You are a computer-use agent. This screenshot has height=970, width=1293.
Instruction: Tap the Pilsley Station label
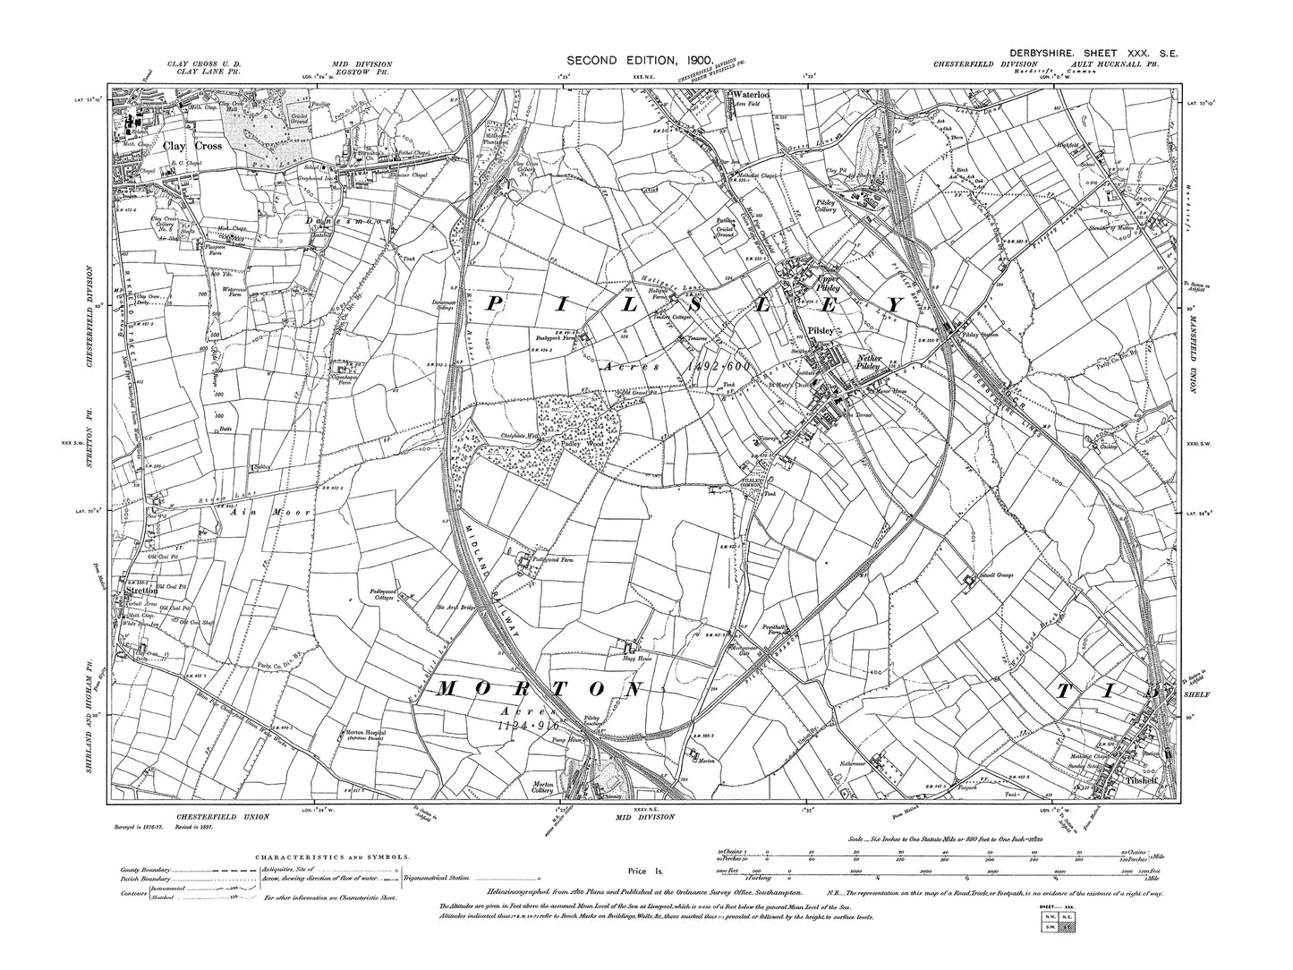[979, 334]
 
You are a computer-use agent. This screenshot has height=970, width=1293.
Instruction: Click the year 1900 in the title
[693, 61]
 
